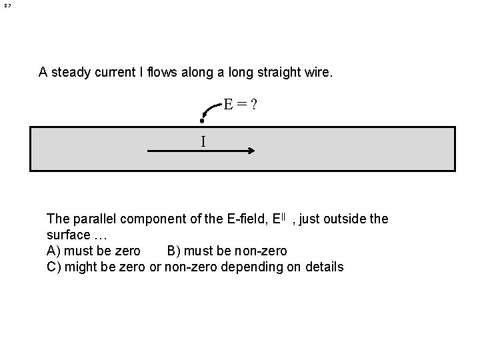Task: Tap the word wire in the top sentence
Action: tap(317, 72)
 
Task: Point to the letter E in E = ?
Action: tap(228, 104)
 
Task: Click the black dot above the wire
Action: tap(202, 121)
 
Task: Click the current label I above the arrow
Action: tap(203, 141)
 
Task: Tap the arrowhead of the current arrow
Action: tap(251, 151)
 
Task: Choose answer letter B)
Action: tap(175, 251)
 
